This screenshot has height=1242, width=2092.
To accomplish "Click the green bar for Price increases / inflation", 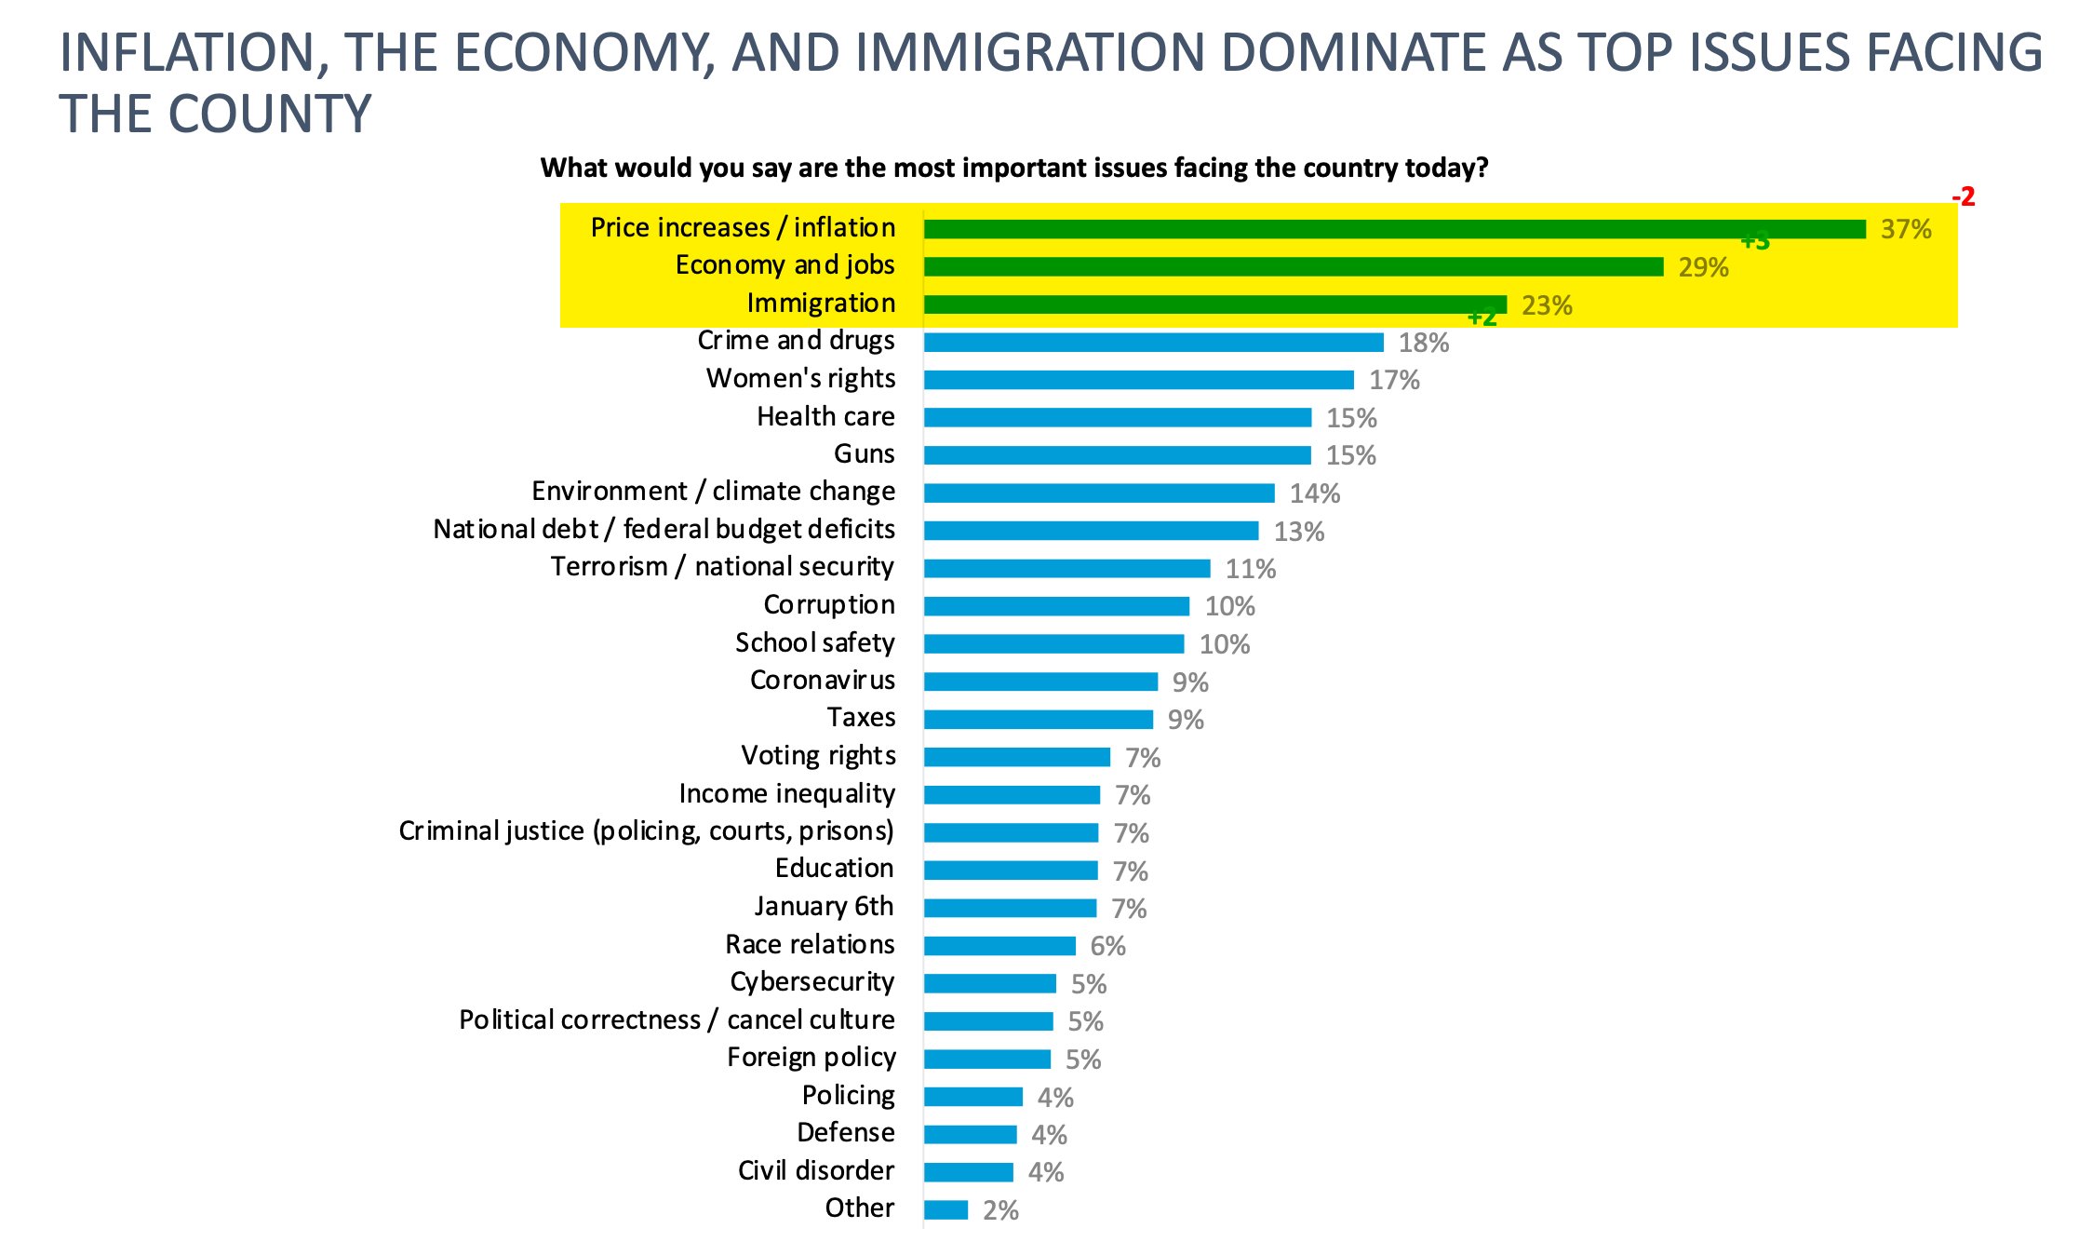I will click(x=1394, y=229).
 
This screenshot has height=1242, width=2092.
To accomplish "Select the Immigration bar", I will click(x=1214, y=304).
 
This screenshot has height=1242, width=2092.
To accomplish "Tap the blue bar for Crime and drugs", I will click(x=1153, y=343).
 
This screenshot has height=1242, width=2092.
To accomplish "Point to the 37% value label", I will click(x=1905, y=229).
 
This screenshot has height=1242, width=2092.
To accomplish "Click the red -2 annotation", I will click(x=1963, y=197).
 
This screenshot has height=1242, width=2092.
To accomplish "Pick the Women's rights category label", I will click(x=800, y=378).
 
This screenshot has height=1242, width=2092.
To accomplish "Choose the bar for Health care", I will click(x=1117, y=417).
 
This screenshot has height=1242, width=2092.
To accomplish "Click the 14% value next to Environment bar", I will click(x=1314, y=493).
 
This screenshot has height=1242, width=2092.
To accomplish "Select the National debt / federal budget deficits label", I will click(x=664, y=529).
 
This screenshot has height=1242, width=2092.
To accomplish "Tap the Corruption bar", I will click(x=1056, y=606).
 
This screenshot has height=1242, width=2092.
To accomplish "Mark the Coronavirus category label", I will click(x=822, y=680).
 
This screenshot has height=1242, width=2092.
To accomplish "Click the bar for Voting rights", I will click(x=1016, y=757).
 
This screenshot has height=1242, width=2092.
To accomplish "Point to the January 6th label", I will click(x=824, y=906).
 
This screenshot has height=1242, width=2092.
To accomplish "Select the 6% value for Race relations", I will click(x=1107, y=946).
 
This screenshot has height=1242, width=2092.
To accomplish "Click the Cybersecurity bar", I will click(x=989, y=983).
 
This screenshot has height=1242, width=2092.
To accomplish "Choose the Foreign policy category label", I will click(x=811, y=1058).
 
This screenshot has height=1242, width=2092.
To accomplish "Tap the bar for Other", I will click(x=945, y=1209).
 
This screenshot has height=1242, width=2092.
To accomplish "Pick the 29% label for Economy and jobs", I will click(x=1703, y=267).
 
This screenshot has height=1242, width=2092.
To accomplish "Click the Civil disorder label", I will click(x=815, y=1170).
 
